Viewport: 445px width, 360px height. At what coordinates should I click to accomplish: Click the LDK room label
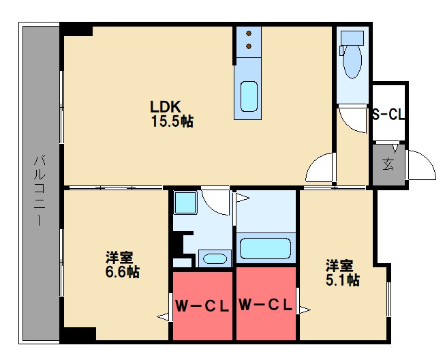tap(165, 107)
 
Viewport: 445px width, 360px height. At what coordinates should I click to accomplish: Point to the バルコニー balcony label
tap(39, 190)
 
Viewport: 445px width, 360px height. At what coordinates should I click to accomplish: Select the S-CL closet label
tap(388, 115)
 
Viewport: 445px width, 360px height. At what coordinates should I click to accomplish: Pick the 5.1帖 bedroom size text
tap(342, 280)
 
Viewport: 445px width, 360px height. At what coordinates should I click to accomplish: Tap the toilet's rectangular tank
tap(352, 36)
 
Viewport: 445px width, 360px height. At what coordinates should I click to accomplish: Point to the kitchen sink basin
tap(249, 96)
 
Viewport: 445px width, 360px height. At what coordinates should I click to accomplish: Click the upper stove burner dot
tap(249, 33)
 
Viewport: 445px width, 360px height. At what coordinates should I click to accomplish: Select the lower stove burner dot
tap(249, 46)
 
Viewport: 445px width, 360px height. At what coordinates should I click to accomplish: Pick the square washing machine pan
tap(184, 202)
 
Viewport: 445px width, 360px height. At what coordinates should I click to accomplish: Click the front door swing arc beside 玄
tap(421, 165)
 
